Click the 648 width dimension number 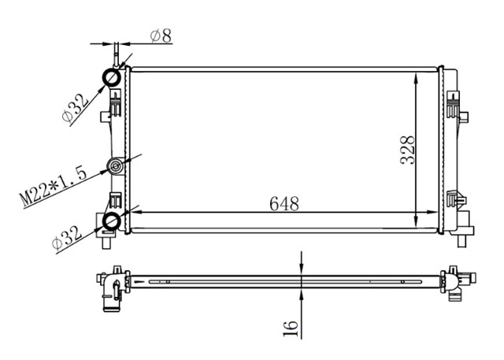[x=283, y=204]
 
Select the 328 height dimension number [x=407, y=148]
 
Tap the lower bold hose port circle [x=113, y=221]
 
